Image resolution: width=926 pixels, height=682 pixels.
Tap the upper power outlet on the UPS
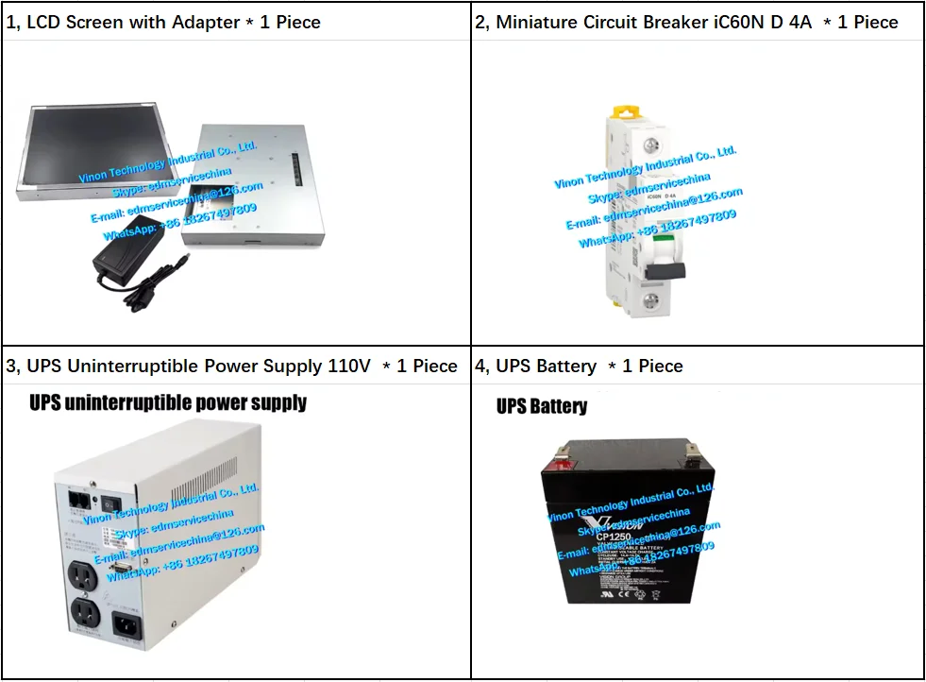click(84, 576)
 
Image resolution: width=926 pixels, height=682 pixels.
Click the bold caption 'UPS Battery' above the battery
click(542, 407)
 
